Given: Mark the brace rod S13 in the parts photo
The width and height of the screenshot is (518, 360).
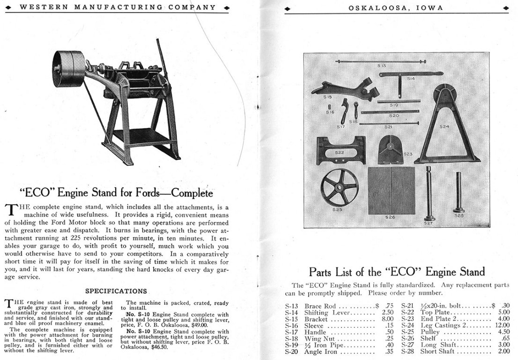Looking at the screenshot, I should click(x=380, y=62).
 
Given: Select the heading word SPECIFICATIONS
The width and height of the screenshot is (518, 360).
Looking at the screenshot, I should click(x=116, y=291).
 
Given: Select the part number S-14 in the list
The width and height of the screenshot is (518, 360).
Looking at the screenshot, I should click(x=292, y=313).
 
